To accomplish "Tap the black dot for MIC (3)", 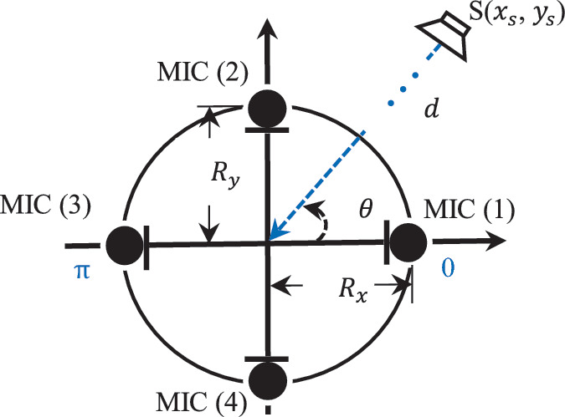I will coord(126,246).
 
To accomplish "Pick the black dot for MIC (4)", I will coord(268,375).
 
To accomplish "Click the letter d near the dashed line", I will coord(433,109).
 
